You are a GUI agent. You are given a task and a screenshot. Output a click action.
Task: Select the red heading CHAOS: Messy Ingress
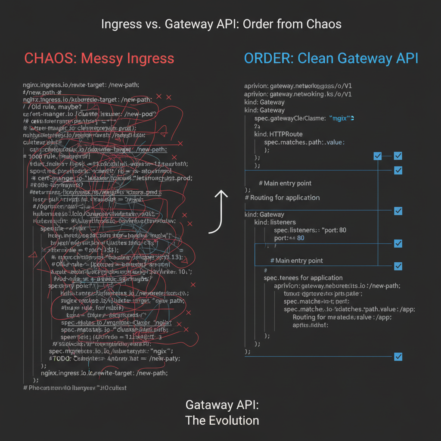click(x=99, y=58)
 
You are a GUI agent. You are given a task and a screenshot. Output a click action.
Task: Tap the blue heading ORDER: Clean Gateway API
click(x=331, y=58)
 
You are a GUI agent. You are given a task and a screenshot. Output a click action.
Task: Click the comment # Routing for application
click(x=282, y=198)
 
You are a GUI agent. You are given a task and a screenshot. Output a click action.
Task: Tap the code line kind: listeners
click(x=275, y=222)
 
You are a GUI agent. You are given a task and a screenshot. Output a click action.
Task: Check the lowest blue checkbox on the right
click(x=398, y=357)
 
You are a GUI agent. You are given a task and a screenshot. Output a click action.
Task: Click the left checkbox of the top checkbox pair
click(x=378, y=156)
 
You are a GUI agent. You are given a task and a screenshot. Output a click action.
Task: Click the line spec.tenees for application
click(x=303, y=278)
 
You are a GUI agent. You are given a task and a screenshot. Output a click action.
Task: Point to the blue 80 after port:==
click(x=300, y=238)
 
